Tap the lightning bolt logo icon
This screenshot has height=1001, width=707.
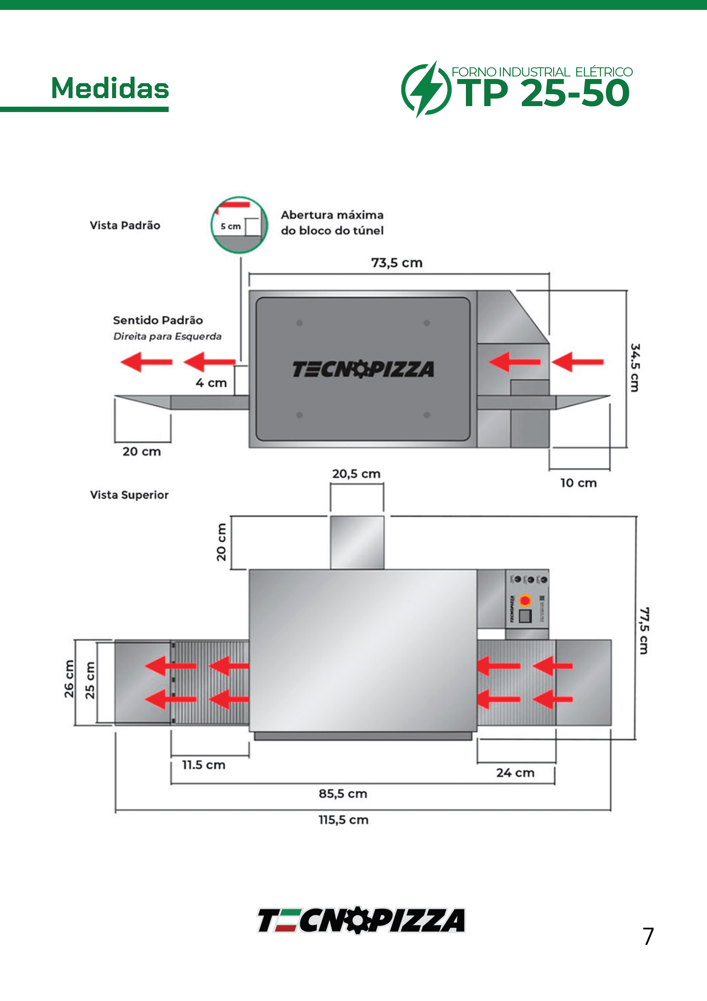coord(425,89)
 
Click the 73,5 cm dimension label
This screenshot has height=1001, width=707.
coord(396,263)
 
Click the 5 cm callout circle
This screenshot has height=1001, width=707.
coord(239,225)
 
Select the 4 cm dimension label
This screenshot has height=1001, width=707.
coord(211,383)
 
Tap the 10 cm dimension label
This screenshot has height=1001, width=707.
coord(578,483)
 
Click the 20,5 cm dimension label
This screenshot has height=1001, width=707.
coord(356,474)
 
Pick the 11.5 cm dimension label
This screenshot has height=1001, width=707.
coord(203,765)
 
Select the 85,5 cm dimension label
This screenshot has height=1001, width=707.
coord(343,794)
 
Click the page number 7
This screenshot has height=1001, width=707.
coord(648,937)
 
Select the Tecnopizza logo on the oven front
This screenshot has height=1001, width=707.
coord(363,369)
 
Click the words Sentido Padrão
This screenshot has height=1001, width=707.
coord(158,320)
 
